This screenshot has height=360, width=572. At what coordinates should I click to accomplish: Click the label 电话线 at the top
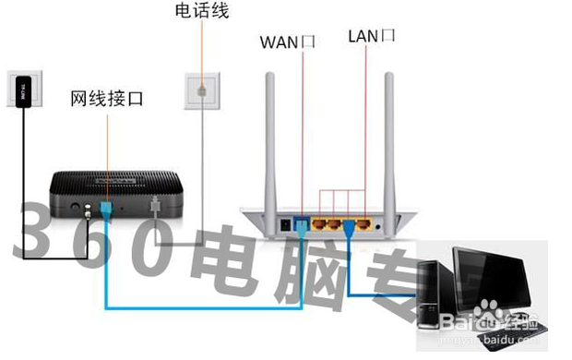[x=201, y=12]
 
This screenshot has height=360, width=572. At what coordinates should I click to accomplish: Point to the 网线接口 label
[x=107, y=97]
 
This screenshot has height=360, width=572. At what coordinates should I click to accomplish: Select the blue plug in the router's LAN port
[x=350, y=224]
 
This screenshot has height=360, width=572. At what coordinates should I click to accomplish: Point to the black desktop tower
[x=434, y=294]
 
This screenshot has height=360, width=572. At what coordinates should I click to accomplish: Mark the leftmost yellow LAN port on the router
[x=317, y=223]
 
